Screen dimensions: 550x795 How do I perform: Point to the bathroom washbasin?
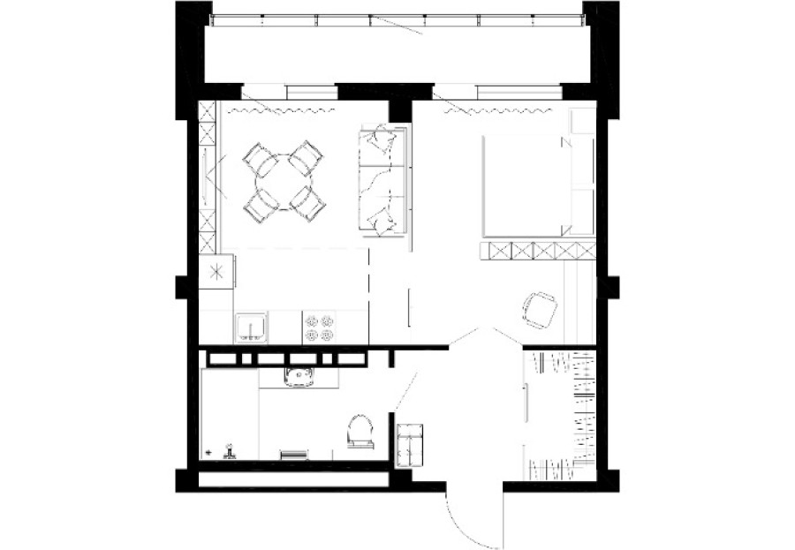coord(301,377)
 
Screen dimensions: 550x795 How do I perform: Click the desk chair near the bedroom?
coord(539,309)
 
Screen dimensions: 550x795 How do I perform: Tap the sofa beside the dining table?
coord(383,181)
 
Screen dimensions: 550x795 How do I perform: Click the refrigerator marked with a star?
coord(216,271)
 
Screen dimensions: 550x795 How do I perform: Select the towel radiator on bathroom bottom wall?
coord(293,455)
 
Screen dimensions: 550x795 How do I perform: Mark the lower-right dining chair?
coord(307,204)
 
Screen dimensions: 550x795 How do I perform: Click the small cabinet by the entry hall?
coord(411,443)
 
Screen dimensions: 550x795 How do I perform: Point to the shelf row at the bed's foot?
coord(537,251)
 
